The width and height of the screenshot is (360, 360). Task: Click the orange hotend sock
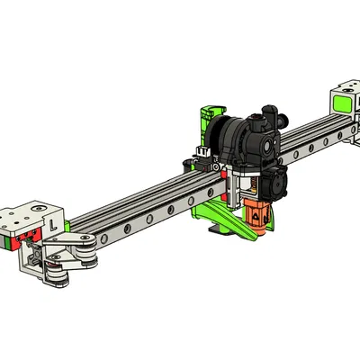(257, 215)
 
